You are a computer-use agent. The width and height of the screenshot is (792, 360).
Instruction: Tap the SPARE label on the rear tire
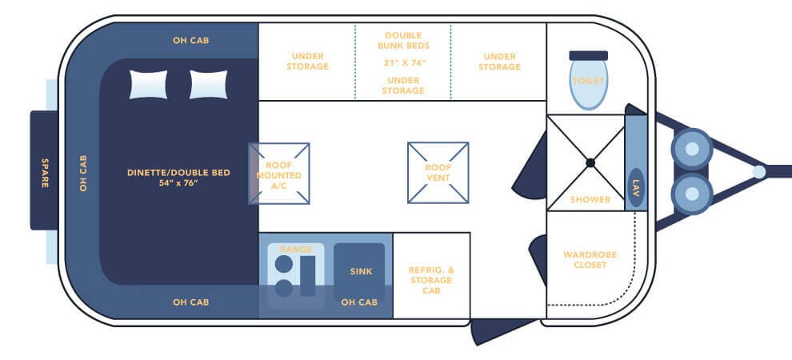pos(45,173)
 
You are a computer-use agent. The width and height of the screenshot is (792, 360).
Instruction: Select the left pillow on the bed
pos(148,84)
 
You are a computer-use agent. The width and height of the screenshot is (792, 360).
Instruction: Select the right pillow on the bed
pos(208,84)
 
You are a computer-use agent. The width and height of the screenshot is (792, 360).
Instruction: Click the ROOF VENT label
pos(438,172)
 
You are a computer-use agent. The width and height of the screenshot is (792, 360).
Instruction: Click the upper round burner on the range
pos(283,263)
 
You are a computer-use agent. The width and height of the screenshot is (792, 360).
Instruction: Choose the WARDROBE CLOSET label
pos(590,259)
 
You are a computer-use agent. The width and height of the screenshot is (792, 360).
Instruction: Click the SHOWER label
pos(590,199)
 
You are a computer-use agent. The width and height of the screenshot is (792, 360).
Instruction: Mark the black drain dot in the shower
pos(590,162)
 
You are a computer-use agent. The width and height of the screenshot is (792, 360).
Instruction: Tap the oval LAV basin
pos(636,187)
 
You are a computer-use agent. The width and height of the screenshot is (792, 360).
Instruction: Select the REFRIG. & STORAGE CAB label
pos(431,280)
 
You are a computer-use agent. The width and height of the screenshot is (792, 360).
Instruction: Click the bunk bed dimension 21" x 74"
pos(403,63)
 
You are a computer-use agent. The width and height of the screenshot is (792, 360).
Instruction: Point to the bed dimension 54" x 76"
pos(178,182)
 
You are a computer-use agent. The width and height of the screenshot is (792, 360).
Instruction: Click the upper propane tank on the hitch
pos(692,149)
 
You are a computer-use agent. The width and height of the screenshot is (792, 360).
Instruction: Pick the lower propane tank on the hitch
pos(692,194)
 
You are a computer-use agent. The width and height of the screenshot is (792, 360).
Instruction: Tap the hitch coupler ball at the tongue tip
pos(758,172)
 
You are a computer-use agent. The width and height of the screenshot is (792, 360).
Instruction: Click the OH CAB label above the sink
pos(359,302)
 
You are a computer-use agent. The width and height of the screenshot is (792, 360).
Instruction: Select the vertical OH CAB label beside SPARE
pos(83,173)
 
